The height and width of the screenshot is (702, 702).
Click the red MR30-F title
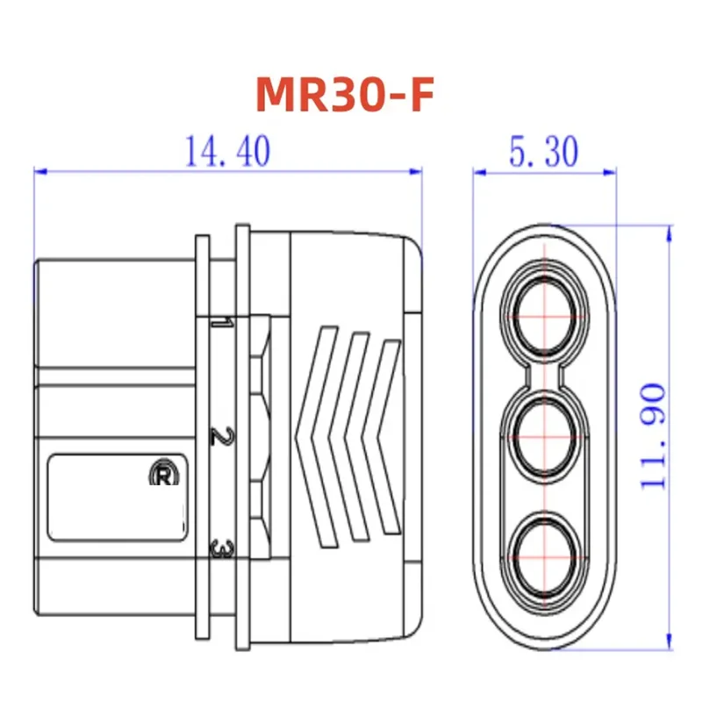tap(345, 95)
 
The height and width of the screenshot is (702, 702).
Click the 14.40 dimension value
tap(227, 152)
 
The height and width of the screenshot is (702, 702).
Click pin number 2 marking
tap(221, 436)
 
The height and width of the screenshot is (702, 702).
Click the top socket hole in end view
tap(545, 311)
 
